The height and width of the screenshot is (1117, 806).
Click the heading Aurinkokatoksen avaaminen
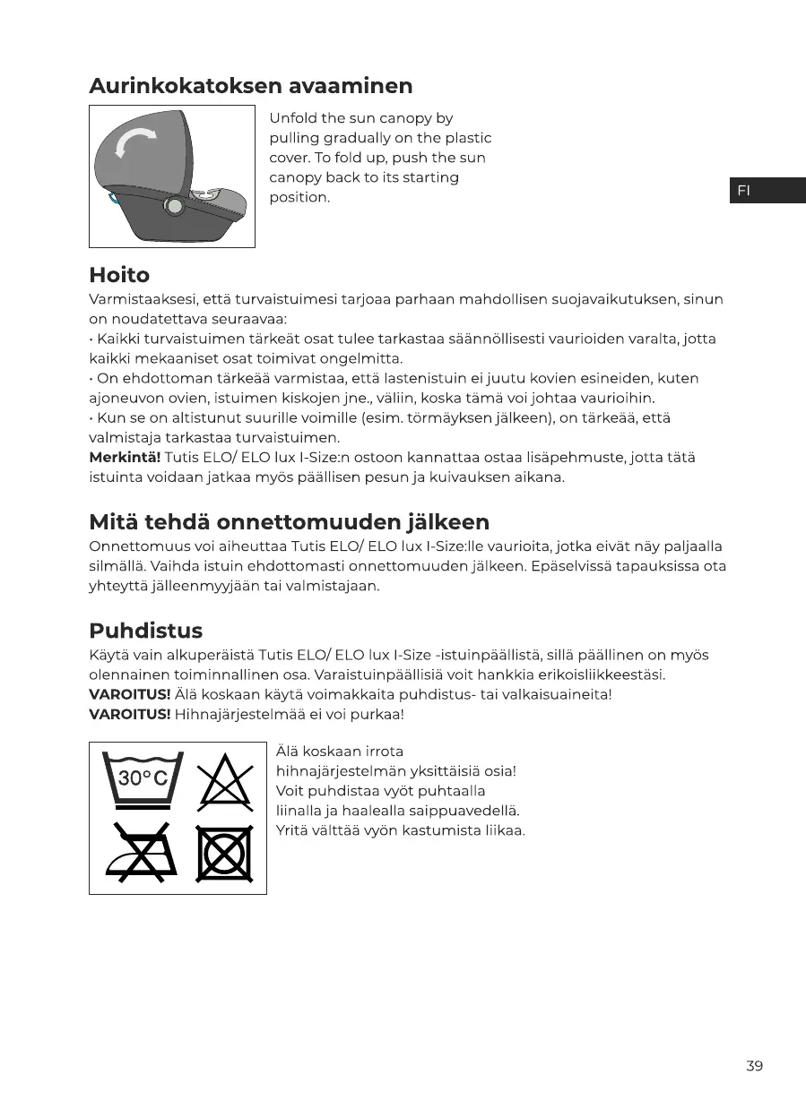coord(251,86)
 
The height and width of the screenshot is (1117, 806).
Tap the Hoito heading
coord(119,275)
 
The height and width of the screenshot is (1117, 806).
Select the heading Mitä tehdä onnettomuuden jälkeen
coord(289,522)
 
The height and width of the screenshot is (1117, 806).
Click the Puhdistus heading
coord(145,631)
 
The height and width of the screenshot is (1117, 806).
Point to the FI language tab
coord(767,190)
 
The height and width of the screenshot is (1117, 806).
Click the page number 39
coord(754,1066)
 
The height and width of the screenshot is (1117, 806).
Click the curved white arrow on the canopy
coord(135,142)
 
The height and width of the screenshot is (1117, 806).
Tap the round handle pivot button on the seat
coord(174,206)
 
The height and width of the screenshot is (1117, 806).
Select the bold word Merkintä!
coord(125,458)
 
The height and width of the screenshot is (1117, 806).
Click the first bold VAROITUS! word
coord(130,694)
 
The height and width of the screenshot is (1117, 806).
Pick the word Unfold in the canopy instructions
coord(293,118)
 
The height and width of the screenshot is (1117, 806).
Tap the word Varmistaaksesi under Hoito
coord(143,299)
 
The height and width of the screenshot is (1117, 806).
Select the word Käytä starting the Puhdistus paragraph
coord(109,655)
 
